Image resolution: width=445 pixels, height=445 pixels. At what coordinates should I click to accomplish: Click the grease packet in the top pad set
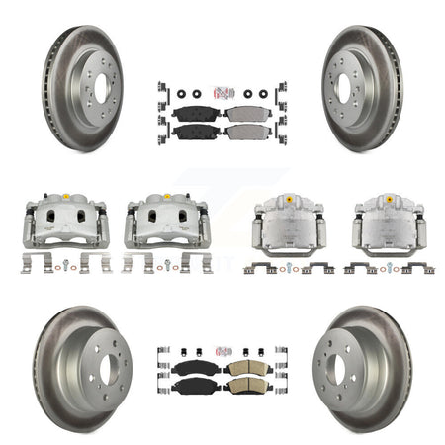[x=222, y=92]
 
